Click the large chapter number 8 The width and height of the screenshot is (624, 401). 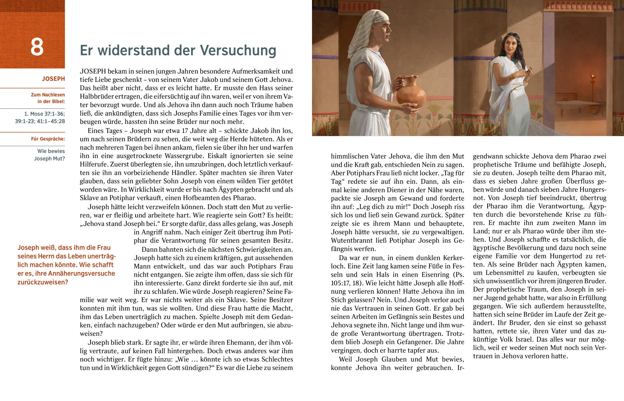[37, 47]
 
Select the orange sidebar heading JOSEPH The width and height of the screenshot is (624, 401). [53, 79]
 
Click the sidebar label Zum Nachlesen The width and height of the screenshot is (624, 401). [48, 95]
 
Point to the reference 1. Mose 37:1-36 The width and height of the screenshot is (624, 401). [44, 114]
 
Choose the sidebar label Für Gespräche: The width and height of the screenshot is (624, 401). [48, 139]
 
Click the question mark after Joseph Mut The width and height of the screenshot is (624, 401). [63, 159]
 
